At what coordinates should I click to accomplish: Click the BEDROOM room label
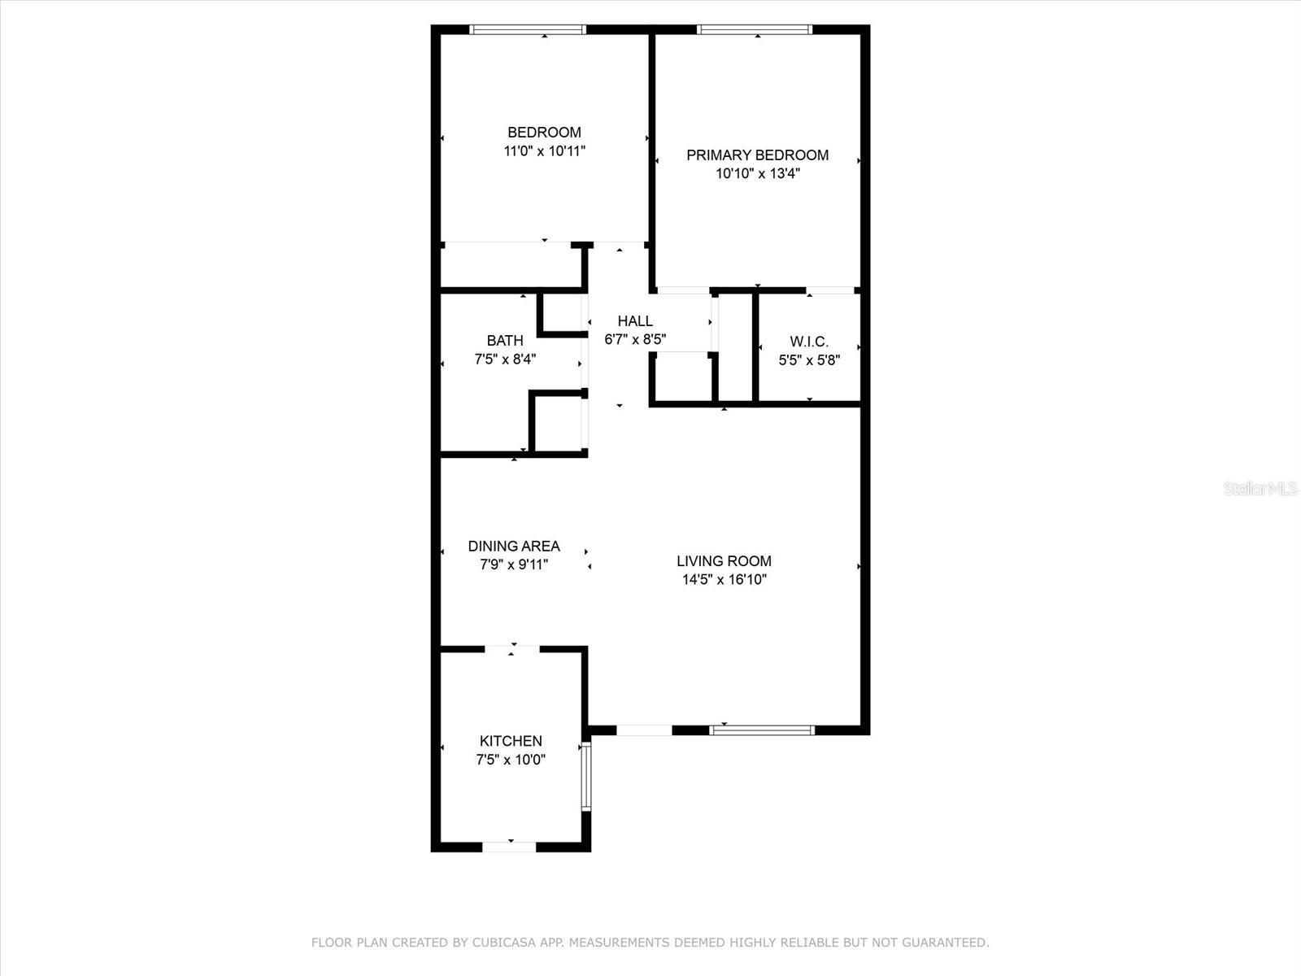pos(544,133)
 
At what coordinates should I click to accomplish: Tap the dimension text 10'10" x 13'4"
pos(757,174)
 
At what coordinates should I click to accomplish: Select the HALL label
pos(635,321)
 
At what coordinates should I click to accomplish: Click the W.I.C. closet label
pos(809,342)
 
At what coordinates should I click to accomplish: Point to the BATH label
pos(505,341)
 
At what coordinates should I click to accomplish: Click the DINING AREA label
pos(514,547)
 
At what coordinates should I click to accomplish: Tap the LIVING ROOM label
pos(724,561)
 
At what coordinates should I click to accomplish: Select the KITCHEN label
pos(511,741)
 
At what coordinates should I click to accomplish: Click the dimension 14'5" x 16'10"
pos(724,580)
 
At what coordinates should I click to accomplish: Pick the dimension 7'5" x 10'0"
pos(511,760)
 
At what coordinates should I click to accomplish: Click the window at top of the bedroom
pos(528,30)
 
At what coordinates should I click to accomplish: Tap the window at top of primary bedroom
pos(755,30)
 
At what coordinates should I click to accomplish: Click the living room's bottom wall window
pos(762,730)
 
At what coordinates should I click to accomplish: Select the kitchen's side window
pos(585,776)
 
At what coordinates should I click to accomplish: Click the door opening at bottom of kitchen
pos(509,847)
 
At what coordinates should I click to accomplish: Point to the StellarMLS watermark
pos(1260,489)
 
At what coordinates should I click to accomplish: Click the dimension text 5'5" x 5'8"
pos(809,360)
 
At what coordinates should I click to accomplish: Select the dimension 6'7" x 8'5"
pos(635,340)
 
